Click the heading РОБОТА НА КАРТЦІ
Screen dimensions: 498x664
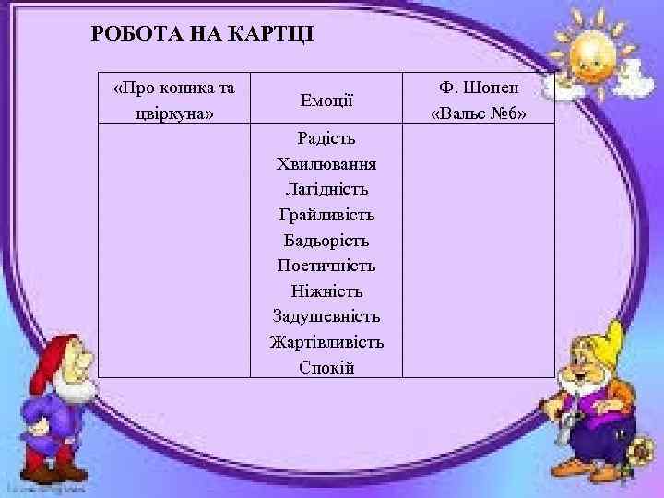tap(203, 34)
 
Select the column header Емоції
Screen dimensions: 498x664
tap(326, 99)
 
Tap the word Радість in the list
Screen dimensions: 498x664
tap(326, 138)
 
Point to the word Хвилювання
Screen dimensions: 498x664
tap(326, 164)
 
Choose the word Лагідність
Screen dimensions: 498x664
tap(326, 189)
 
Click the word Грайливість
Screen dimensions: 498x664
tap(326, 215)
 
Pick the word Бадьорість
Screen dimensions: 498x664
tap(326, 240)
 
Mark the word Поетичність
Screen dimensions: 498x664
tap(326, 266)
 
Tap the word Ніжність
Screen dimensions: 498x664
tap(326, 290)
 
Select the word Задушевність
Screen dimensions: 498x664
tap(326, 316)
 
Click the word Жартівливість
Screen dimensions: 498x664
tap(326, 342)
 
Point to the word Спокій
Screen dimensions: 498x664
tap(326, 367)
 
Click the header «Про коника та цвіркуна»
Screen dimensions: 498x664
tap(173, 100)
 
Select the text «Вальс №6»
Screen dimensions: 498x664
tap(479, 113)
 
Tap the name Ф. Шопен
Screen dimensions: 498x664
tap(479, 88)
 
